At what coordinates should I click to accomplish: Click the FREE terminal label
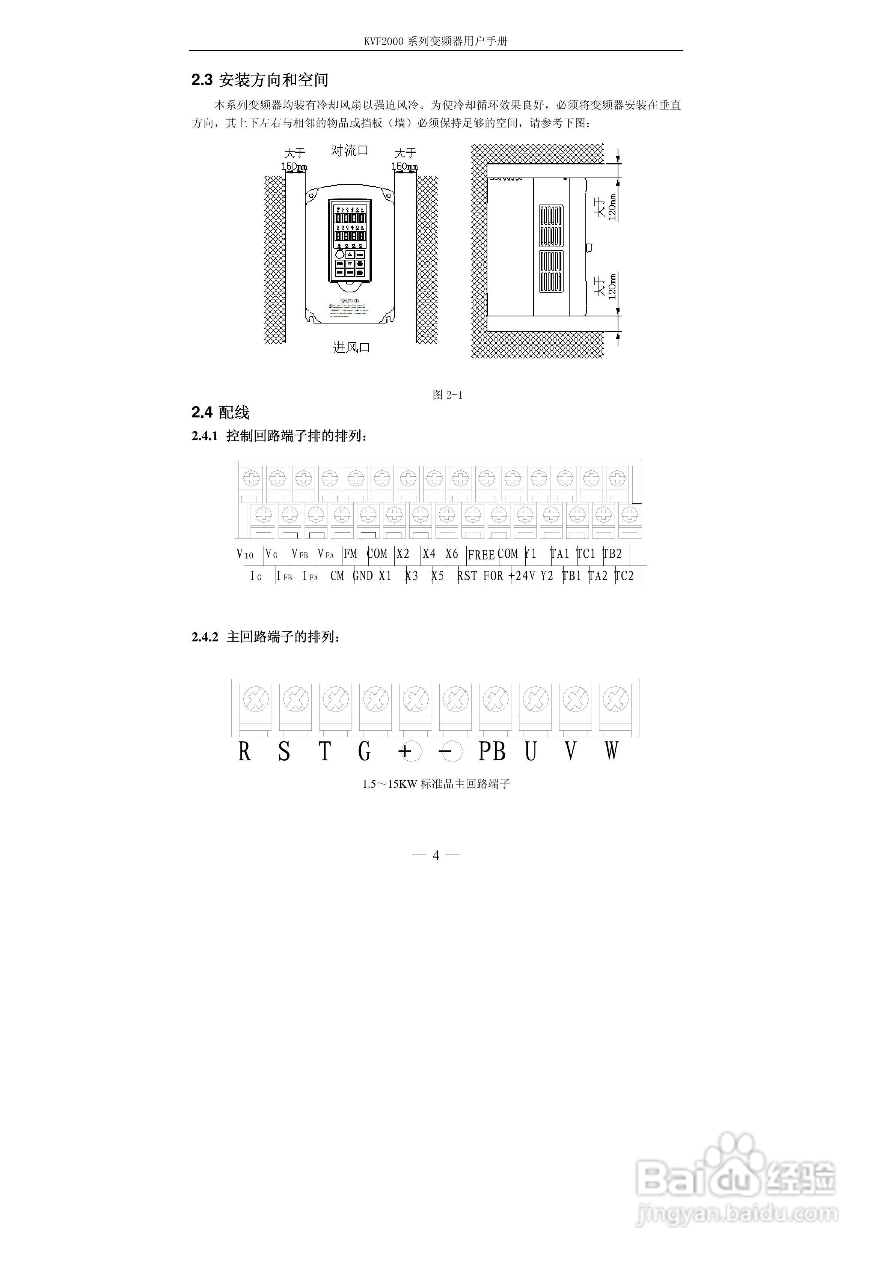481,555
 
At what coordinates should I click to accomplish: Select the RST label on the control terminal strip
467,576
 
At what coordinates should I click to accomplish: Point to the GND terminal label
363,576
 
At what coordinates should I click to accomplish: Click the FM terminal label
350,554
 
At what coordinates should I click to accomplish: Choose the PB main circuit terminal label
492,751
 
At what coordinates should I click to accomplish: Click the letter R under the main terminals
244,751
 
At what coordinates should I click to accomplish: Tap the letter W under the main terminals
611,751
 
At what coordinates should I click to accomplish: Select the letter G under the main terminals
364,751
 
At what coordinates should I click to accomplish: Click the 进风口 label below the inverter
351,348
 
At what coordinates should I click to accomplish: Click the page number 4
436,855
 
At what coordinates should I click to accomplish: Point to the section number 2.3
202,80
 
